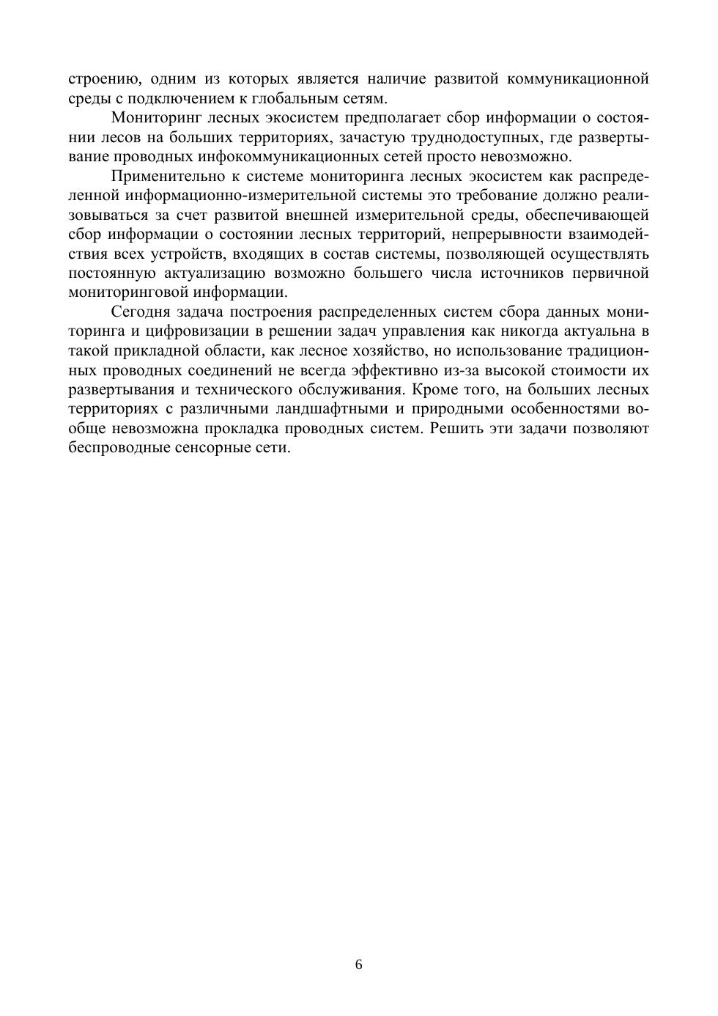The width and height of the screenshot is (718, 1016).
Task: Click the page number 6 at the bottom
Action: click(359, 965)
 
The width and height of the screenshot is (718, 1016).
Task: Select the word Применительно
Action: click(163, 176)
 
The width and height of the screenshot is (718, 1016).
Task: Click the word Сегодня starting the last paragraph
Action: click(140, 312)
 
